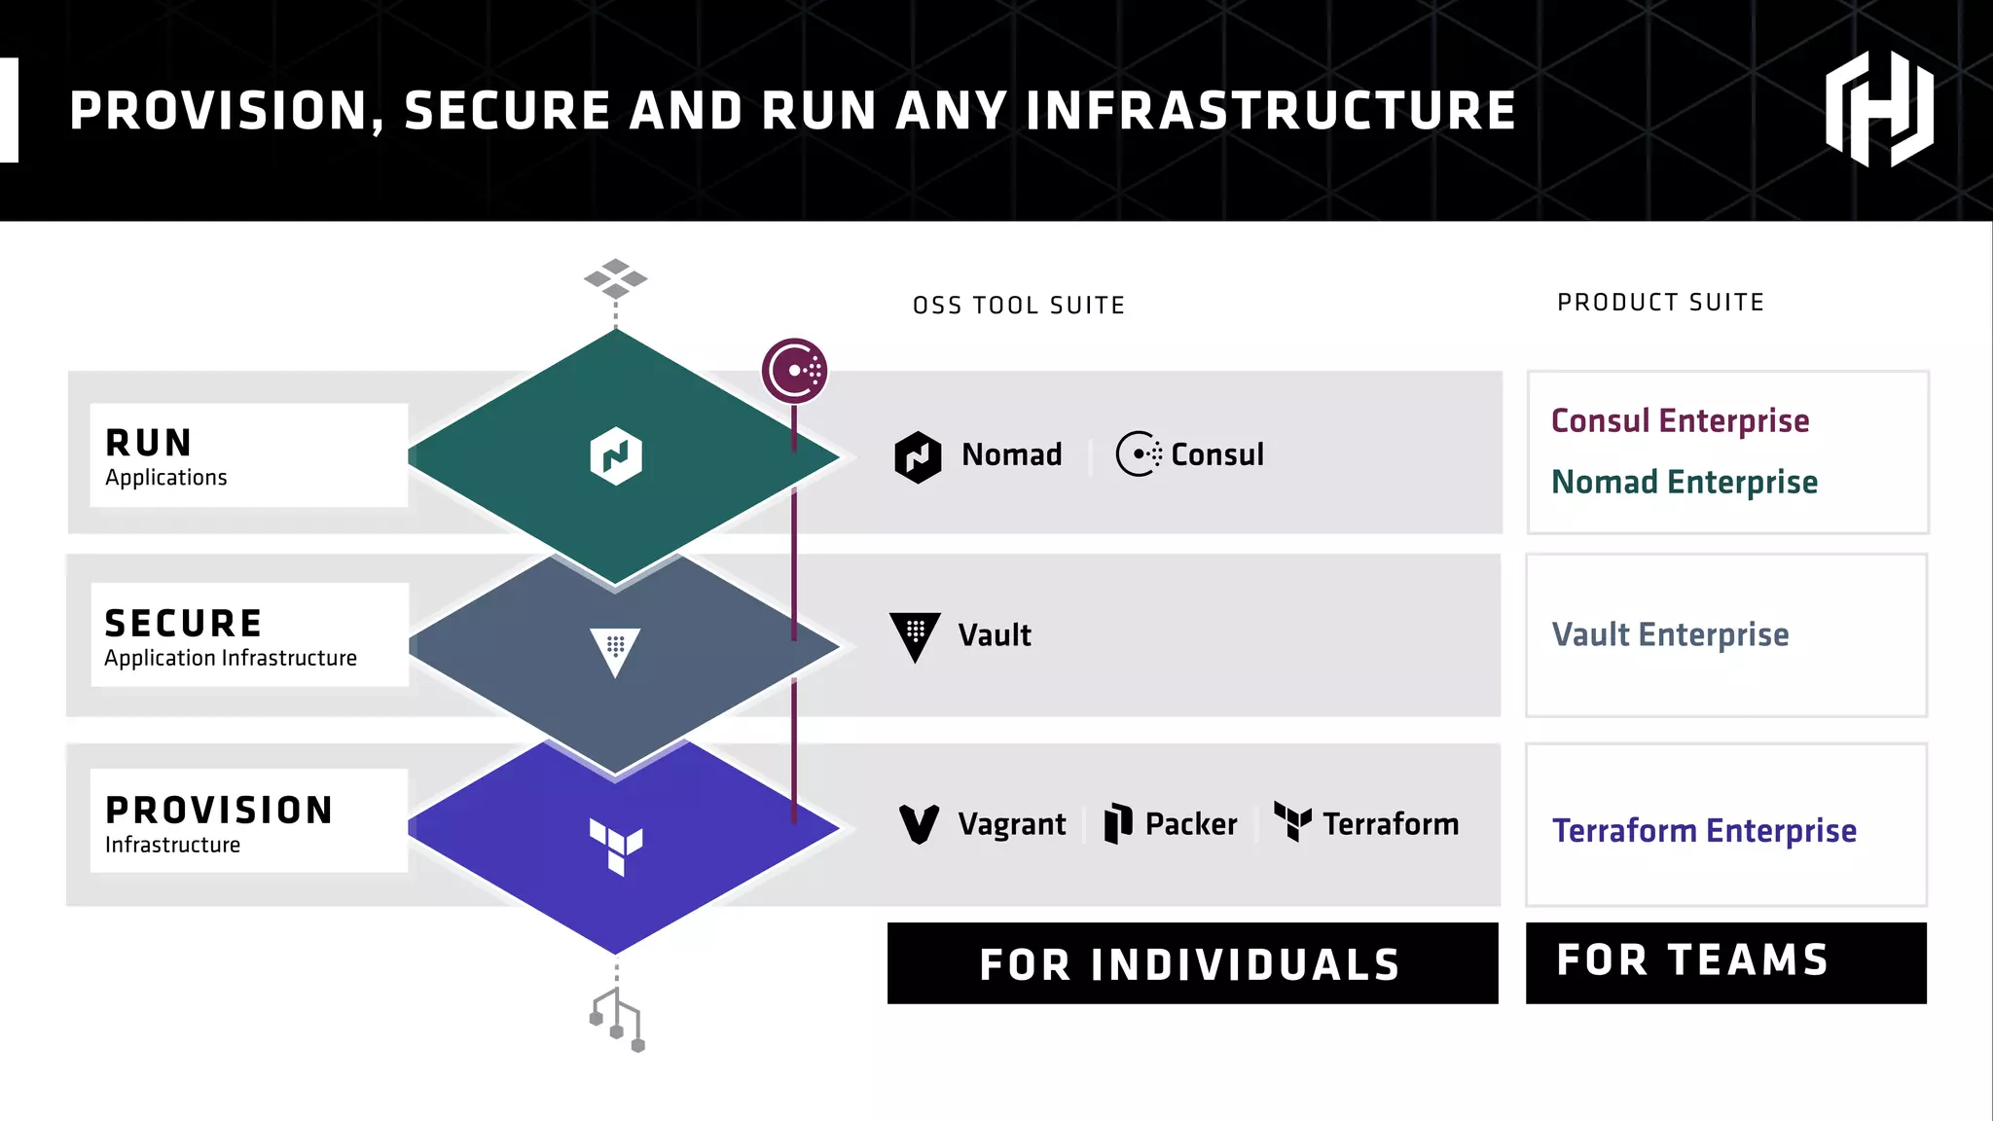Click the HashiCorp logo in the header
(x=1878, y=109)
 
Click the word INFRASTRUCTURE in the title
(x=1271, y=111)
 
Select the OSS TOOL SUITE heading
(x=1019, y=306)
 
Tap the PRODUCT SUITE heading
(x=1660, y=303)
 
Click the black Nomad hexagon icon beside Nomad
(x=918, y=456)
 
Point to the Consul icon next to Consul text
(x=1138, y=454)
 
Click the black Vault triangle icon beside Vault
(x=915, y=635)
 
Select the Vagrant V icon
(x=919, y=824)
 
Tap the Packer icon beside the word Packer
(x=1118, y=823)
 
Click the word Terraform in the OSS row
(x=1390, y=824)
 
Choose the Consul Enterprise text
(x=1680, y=420)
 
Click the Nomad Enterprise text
(x=1684, y=482)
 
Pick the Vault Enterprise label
(x=1670, y=634)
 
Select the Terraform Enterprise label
(x=1704, y=830)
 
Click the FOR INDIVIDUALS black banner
(x=1192, y=963)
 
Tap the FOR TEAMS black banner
(x=1725, y=961)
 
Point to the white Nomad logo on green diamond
(x=616, y=455)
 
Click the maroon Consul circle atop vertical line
(x=795, y=371)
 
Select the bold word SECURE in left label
(x=183, y=623)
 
